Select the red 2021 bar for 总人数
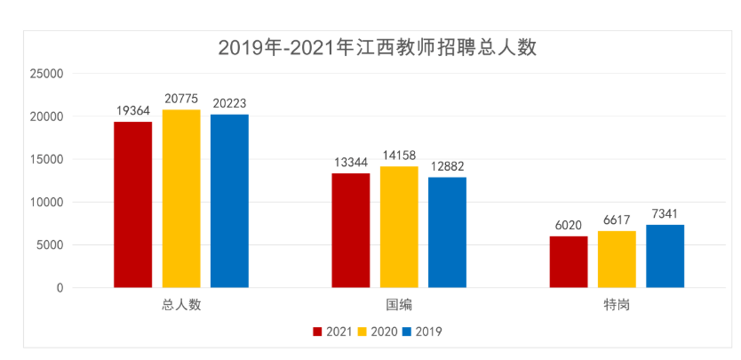132,204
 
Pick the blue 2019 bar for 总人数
229,201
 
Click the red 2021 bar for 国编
350,230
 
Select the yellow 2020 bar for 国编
399,227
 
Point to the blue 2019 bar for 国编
447,232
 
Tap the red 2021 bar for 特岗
568,261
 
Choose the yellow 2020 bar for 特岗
617,259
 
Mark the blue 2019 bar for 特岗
665,256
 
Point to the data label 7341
665,214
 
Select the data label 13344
350,163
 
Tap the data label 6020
568,226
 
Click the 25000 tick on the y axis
45,74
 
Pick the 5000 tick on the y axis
49,245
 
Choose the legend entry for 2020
377,332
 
